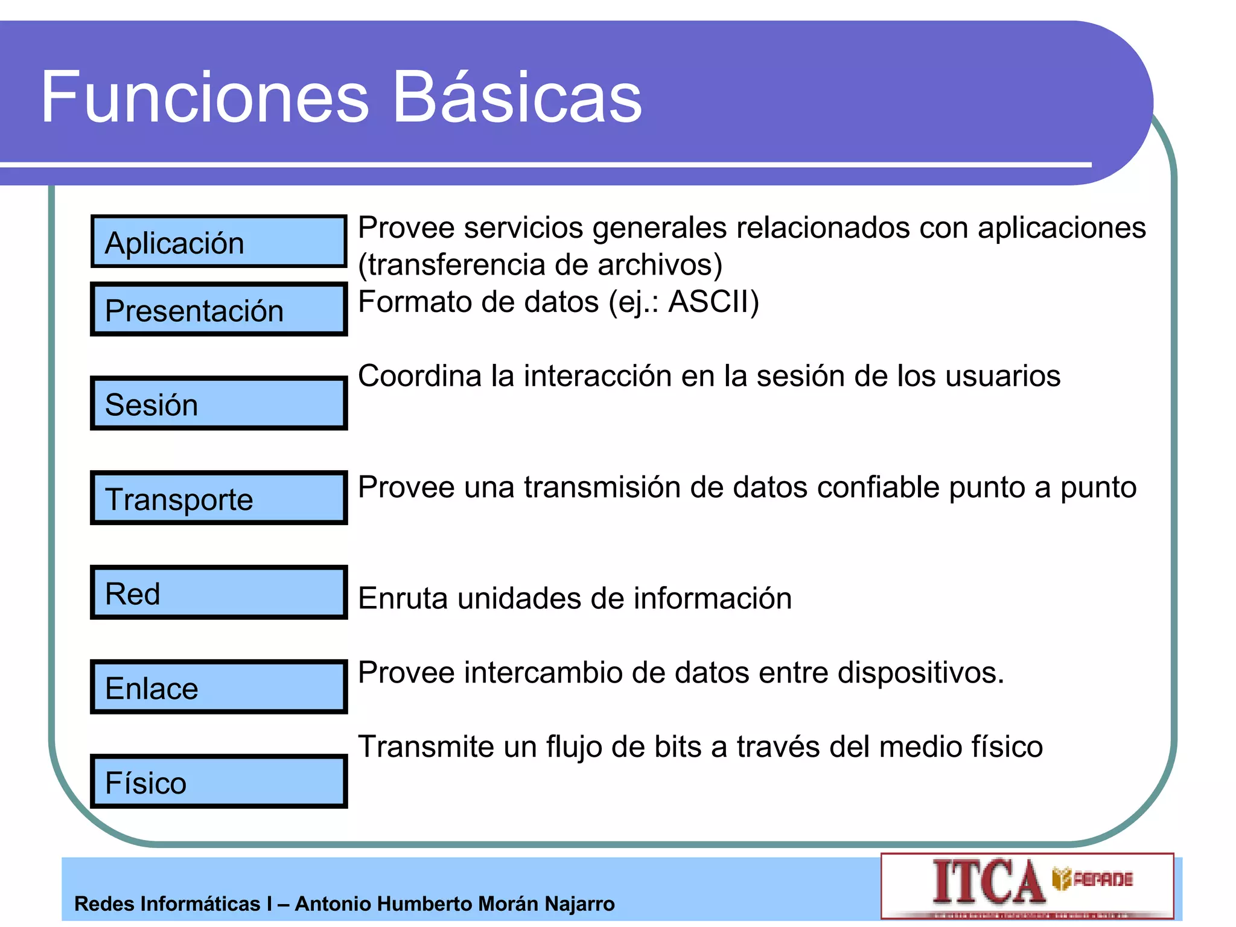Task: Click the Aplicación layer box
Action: pos(218,241)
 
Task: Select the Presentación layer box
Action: pos(218,309)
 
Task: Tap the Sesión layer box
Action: pos(218,403)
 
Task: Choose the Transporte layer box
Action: pos(218,498)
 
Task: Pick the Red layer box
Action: pos(218,593)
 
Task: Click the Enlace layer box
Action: pos(218,687)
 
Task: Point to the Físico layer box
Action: pos(218,782)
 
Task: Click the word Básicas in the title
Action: pos(517,97)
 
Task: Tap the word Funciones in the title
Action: pos(205,97)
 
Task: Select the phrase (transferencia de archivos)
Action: pos(540,265)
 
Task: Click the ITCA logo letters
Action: pos(989,882)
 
